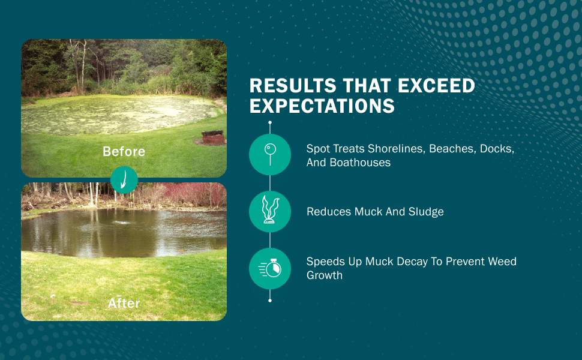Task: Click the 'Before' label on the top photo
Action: pyautogui.click(x=124, y=152)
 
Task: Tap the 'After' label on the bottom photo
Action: pyautogui.click(x=124, y=304)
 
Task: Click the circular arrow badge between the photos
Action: pyautogui.click(x=124, y=179)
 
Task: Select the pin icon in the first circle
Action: pyautogui.click(x=270, y=154)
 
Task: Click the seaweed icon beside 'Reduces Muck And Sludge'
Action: pyautogui.click(x=270, y=212)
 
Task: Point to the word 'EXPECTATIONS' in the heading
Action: pyautogui.click(x=322, y=106)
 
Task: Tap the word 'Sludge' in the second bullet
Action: pyautogui.click(x=425, y=212)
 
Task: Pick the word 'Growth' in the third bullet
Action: pyautogui.click(x=325, y=275)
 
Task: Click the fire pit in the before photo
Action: pyautogui.click(x=212, y=138)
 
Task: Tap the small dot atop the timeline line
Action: pyautogui.click(x=270, y=122)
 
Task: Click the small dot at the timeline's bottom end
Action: pyautogui.click(x=270, y=300)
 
